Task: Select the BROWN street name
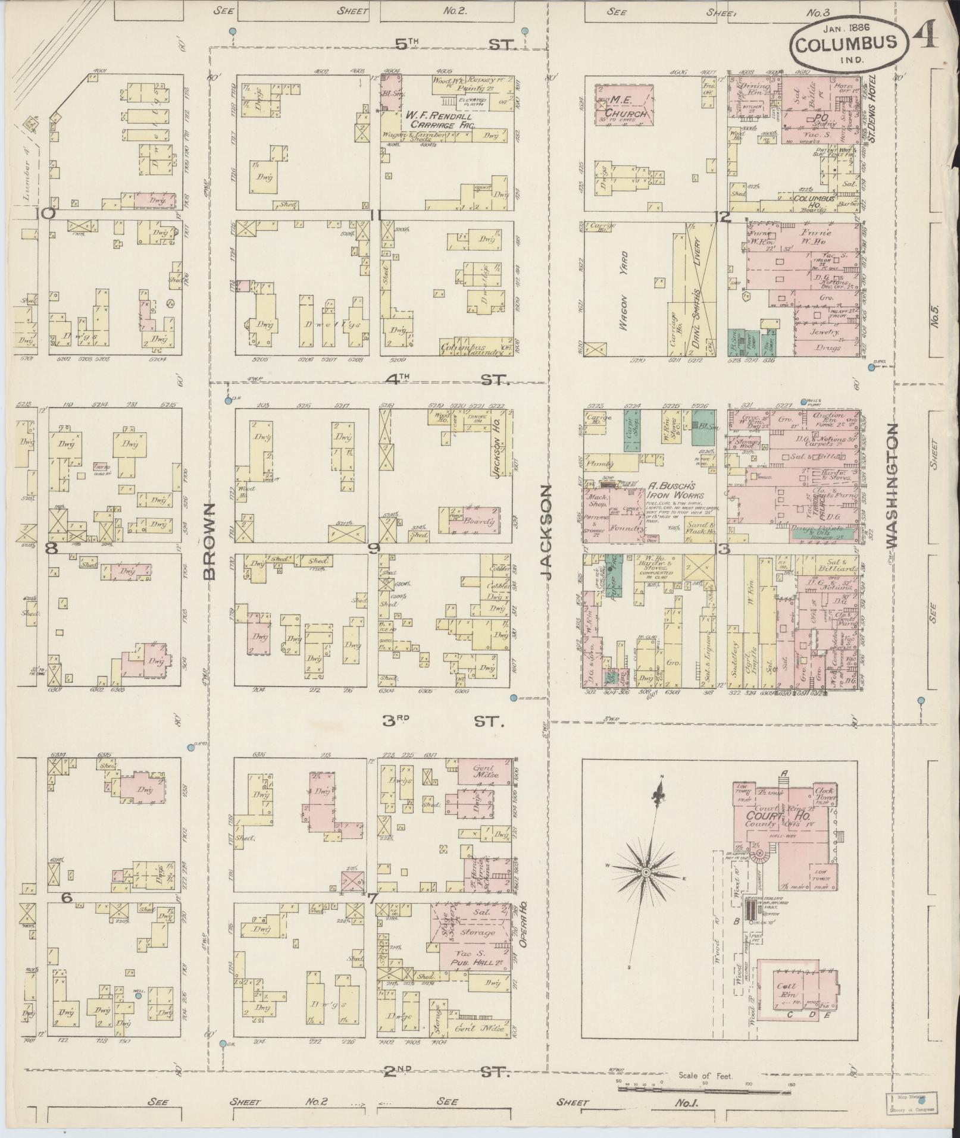click(209, 541)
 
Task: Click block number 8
click(52, 549)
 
